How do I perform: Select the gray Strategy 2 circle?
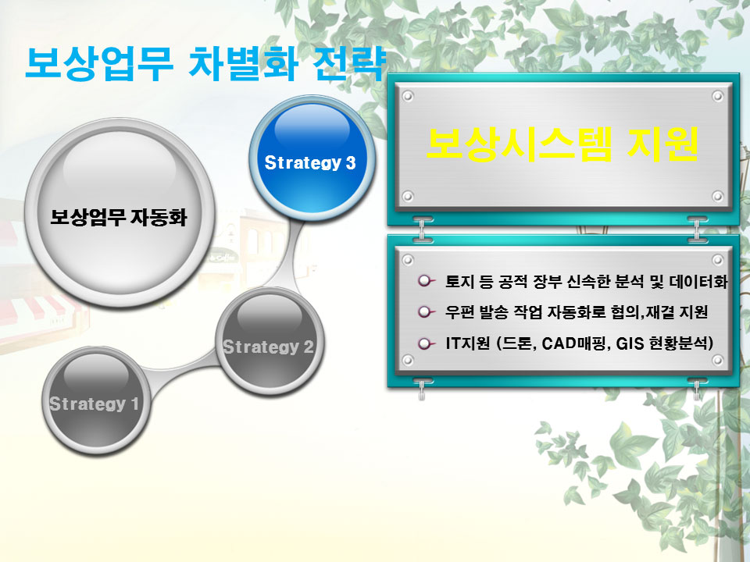point(269,341)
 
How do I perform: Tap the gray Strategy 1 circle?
point(97,400)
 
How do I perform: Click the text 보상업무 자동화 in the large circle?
point(118,218)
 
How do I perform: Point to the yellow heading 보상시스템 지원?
point(562,143)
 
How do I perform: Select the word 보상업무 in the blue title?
point(98,63)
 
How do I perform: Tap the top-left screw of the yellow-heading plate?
point(408,97)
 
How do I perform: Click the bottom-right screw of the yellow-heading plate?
point(717,196)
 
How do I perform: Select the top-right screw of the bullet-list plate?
point(717,259)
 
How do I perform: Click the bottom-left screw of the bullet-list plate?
point(408,360)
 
